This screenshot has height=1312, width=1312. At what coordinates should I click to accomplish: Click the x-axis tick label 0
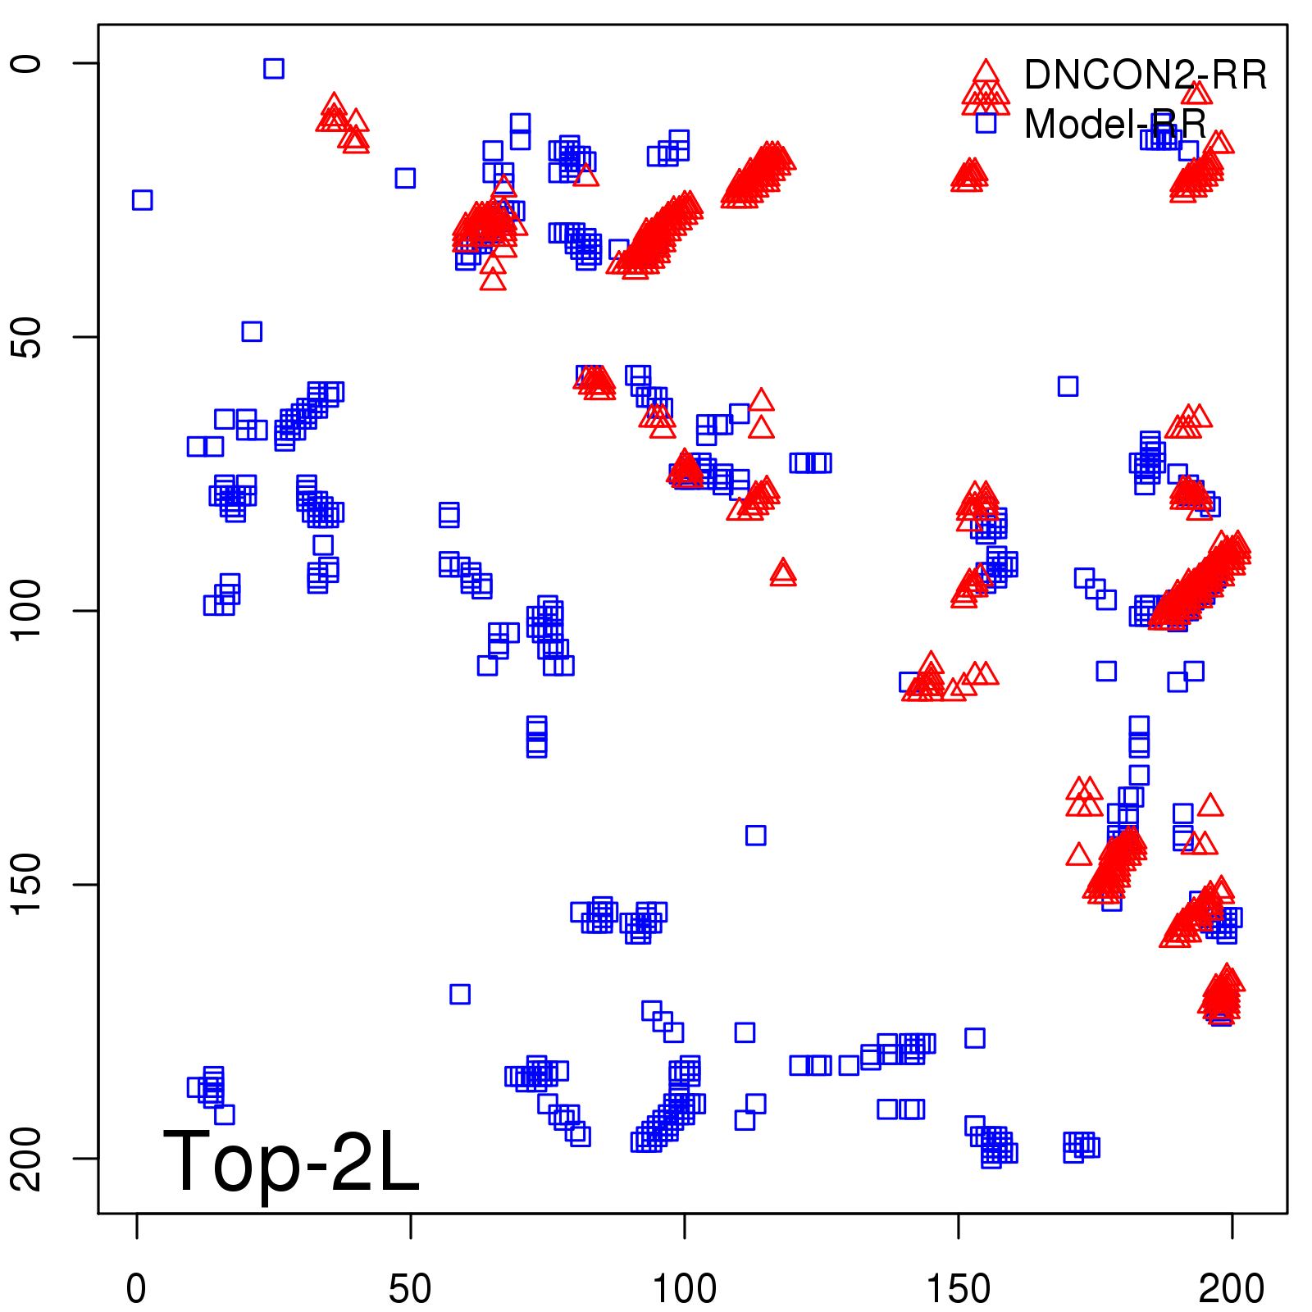pos(136,1289)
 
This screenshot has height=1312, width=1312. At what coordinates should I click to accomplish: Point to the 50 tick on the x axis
pos(410,1289)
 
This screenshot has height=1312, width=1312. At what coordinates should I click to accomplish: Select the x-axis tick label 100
pos(684,1289)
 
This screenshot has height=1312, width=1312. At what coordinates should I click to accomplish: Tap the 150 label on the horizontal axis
pos(958,1289)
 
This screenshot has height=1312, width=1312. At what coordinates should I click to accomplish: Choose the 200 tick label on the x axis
pos(1231,1289)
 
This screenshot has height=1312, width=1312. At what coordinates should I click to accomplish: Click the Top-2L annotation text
pos(291,1161)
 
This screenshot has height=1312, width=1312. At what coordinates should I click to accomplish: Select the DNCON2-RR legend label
pos(1145,75)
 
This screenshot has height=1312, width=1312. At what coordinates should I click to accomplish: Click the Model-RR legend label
pos(1115,125)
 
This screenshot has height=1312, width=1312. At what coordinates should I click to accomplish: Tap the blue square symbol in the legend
pos(986,123)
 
